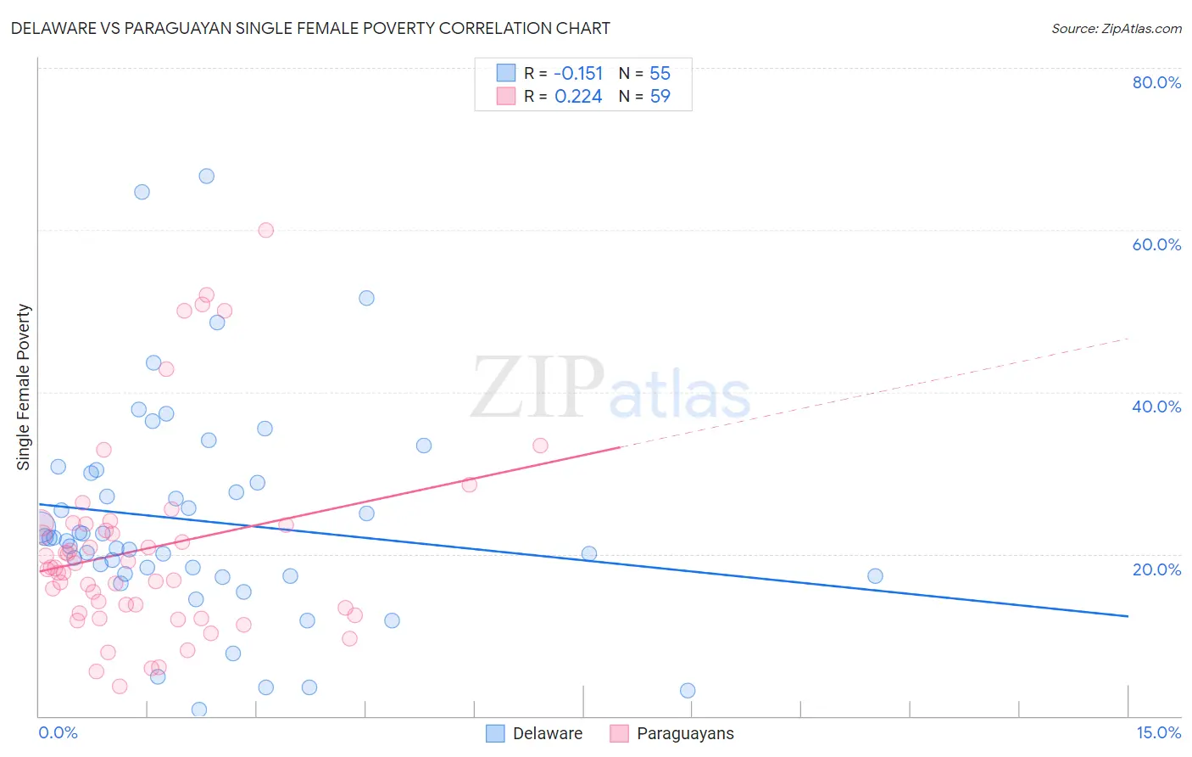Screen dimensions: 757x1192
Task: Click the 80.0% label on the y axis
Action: [x=1156, y=82]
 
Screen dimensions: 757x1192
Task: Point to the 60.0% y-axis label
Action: [x=1156, y=244]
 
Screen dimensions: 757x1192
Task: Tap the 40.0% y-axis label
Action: [x=1156, y=407]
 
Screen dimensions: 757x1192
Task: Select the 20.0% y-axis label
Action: [x=1156, y=569]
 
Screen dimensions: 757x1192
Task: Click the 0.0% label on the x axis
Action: [x=58, y=732]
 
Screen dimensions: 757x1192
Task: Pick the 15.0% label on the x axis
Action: [x=1158, y=732]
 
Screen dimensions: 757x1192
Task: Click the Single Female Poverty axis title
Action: [x=24, y=387]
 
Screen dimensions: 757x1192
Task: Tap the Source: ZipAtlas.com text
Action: [x=1116, y=28]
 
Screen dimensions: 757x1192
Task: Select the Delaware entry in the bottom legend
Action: [x=547, y=733]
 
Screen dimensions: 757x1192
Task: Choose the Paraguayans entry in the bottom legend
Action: [x=684, y=733]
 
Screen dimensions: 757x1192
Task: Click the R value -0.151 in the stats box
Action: [x=578, y=74]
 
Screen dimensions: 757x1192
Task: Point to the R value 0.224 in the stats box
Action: [x=578, y=97]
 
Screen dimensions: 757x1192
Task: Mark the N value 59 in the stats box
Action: [x=660, y=97]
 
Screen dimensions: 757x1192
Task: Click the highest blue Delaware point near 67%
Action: [x=206, y=177]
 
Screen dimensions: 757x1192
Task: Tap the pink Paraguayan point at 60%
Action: [x=265, y=230]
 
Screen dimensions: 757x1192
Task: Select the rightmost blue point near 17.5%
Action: [x=875, y=576]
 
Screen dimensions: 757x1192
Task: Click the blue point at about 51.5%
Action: [x=366, y=298]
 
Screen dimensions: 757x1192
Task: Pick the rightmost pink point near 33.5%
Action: [x=540, y=446]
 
